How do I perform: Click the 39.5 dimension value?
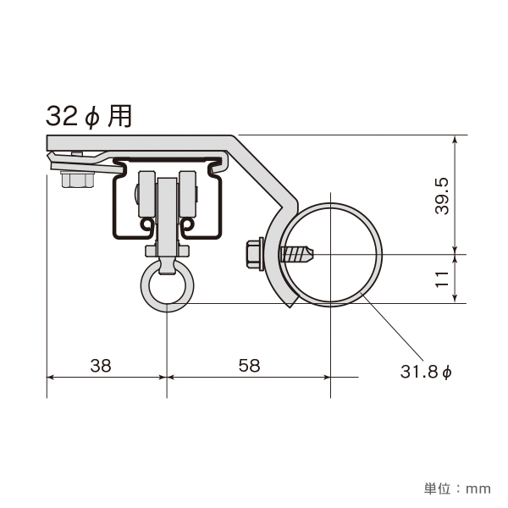coord(443,196)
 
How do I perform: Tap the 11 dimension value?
coord(443,279)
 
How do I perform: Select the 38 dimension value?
coord(101,366)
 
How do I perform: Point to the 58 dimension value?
coord(249,366)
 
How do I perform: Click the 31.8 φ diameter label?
coord(426,372)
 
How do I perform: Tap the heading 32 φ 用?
coord(89,117)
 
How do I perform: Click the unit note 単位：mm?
coord(457,489)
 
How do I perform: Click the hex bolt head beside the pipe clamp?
coord(255,254)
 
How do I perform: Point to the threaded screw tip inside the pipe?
coord(297,254)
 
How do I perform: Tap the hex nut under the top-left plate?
coord(78,179)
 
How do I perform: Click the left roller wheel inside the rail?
coord(146,194)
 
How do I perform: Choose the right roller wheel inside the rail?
coord(188,194)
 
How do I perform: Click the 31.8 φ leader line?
coord(393,326)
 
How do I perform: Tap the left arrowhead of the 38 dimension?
coord(51,377)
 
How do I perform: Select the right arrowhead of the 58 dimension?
coord(326,377)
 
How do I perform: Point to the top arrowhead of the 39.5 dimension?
coord(456,140)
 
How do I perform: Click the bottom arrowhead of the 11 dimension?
coord(456,299)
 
